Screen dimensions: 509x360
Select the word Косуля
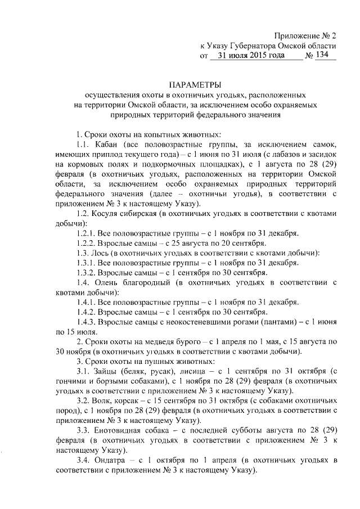coord(112,213)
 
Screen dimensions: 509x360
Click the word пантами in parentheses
coord(293,322)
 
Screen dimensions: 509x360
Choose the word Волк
coord(106,411)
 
